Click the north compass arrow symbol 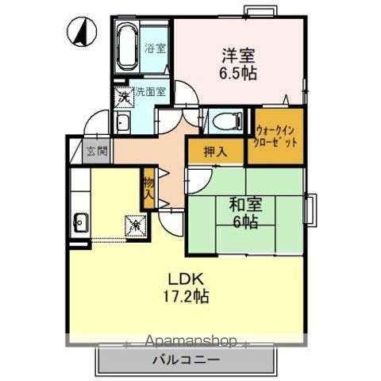coord(82,32)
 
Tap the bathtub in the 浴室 coord(127,47)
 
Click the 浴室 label coord(155,48)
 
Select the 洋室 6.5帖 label coord(238,63)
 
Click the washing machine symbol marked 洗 coord(124,97)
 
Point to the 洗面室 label coord(151,91)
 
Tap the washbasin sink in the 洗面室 coord(123,123)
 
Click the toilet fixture coord(228,121)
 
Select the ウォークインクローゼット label coord(275,137)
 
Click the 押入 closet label coord(215,152)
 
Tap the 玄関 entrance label coord(97,152)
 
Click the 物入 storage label coord(148,189)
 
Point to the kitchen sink coord(82,222)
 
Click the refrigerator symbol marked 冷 coord(136,225)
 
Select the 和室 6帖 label coord(245,213)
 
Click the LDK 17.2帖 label coord(186,287)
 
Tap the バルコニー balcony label coord(187,360)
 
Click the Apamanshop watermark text coord(191,341)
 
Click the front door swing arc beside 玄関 coord(95,121)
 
